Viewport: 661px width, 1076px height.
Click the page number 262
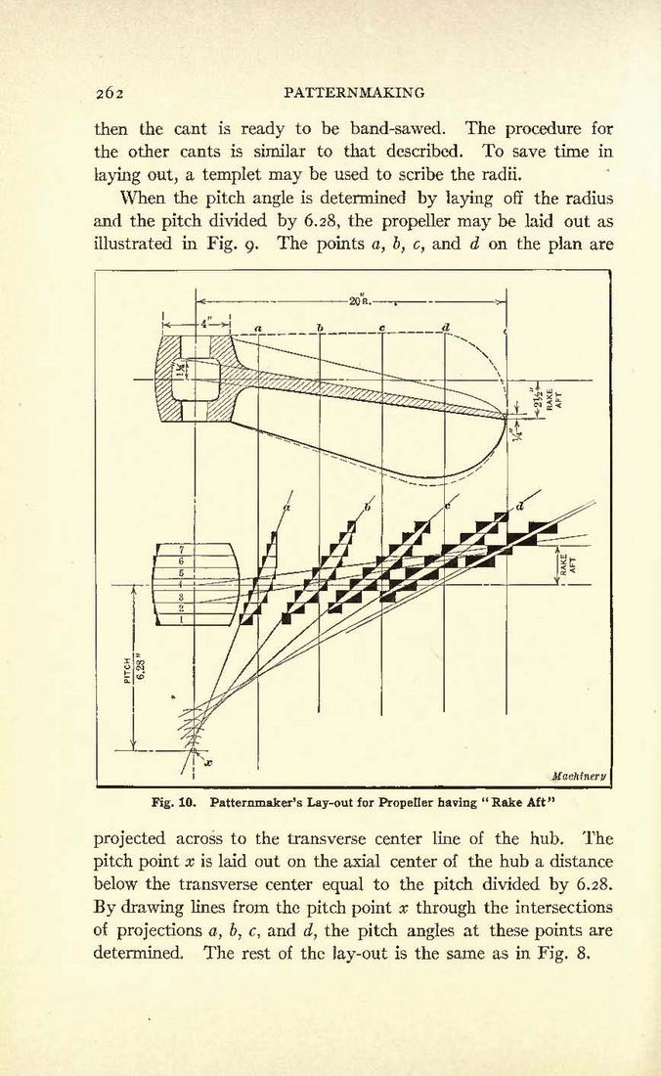(x=109, y=93)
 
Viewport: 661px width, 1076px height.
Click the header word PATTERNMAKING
(x=353, y=93)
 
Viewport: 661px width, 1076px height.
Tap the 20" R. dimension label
(x=359, y=300)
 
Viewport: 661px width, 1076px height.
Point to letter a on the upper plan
(x=258, y=328)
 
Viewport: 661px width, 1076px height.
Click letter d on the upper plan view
(x=446, y=327)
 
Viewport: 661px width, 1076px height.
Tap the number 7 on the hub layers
(x=182, y=550)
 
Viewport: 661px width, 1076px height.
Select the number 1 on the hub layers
(x=182, y=619)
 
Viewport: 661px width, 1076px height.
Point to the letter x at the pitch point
(x=209, y=762)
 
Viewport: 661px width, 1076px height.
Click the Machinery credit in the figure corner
(x=579, y=777)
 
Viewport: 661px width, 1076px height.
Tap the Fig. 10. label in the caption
(x=174, y=801)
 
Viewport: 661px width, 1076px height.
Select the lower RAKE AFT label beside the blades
(x=569, y=565)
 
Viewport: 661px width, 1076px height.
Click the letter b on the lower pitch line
(x=368, y=508)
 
